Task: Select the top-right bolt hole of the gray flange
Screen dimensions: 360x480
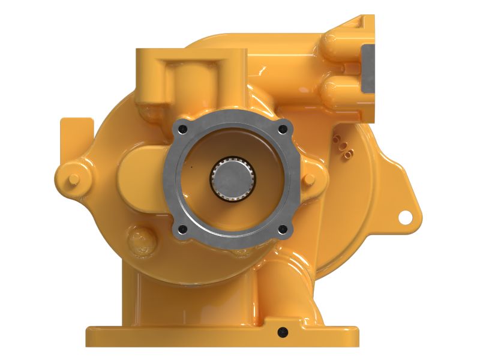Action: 282,128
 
